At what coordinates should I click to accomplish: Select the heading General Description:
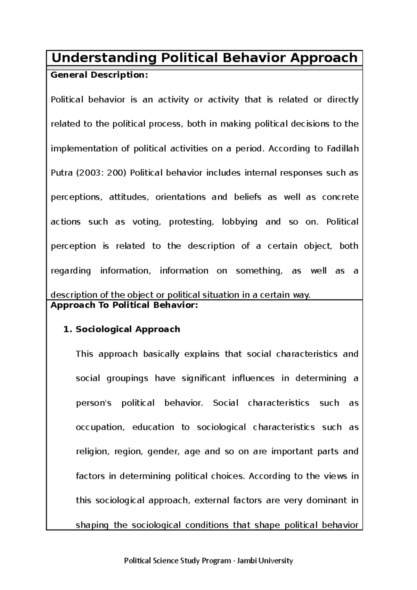click(99, 75)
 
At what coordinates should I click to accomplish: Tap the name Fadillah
click(343, 149)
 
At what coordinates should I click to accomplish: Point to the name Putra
click(61, 173)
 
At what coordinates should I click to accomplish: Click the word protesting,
click(191, 222)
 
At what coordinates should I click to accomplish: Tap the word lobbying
click(239, 222)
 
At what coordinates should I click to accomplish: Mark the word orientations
click(180, 197)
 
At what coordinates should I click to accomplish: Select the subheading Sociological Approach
click(128, 329)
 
